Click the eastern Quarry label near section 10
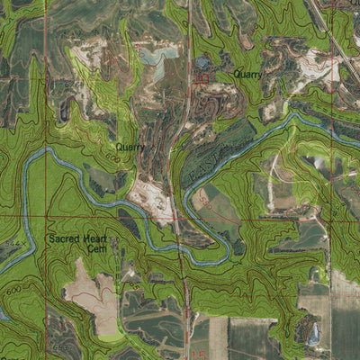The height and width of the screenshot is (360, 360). [x=247, y=75]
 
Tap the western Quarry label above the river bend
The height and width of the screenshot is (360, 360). [x=130, y=146]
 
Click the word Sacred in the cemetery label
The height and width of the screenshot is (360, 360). [x=69, y=239]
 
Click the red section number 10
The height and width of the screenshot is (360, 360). [x=202, y=79]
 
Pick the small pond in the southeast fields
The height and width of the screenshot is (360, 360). [x=312, y=336]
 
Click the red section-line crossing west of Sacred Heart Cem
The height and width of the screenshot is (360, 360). [x=46, y=217]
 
